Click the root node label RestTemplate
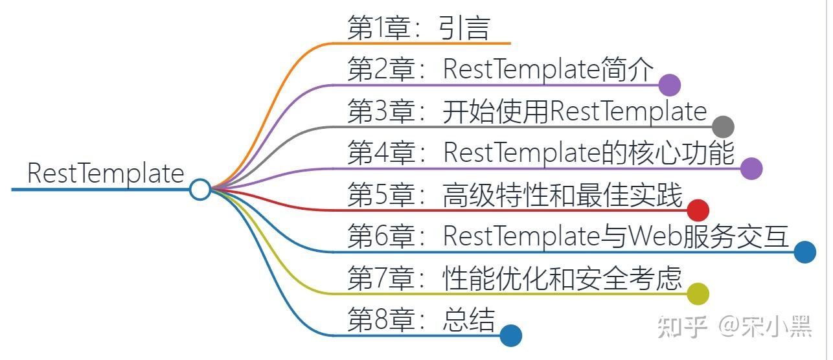pyautogui.click(x=106, y=174)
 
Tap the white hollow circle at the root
pyautogui.click(x=200, y=189)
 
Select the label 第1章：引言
pyautogui.click(x=418, y=28)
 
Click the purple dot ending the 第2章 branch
pyautogui.click(x=669, y=85)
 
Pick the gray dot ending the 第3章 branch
pyautogui.click(x=723, y=127)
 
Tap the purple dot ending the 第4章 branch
pyautogui.click(x=751, y=168)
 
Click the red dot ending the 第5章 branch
pyautogui.click(x=698, y=210)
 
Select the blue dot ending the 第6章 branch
pyautogui.click(x=804, y=252)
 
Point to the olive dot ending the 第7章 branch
pyautogui.click(x=698, y=294)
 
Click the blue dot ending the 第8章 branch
pyautogui.click(x=510, y=335)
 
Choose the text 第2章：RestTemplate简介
pyautogui.click(x=501, y=70)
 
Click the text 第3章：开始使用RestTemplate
pyautogui.click(x=527, y=111)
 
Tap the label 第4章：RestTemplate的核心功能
pyautogui.click(x=541, y=153)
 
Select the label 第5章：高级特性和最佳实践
pyautogui.click(x=515, y=196)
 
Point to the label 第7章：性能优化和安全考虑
pyautogui.click(x=515, y=279)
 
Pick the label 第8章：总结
pyautogui.click(x=421, y=321)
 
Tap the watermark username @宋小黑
pyautogui.click(x=764, y=327)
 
